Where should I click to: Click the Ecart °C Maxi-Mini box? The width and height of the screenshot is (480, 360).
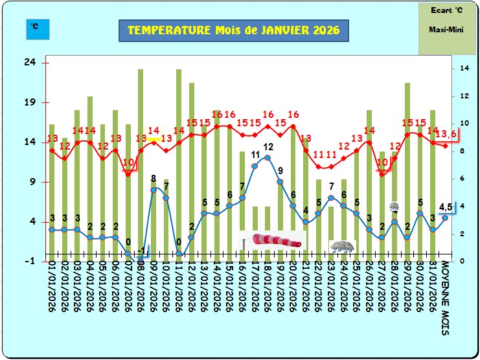[x=446, y=28]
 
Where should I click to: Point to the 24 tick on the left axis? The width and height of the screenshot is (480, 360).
[x=29, y=63]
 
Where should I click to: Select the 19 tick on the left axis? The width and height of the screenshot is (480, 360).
[x=29, y=102]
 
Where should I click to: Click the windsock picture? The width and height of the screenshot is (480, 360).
[x=275, y=241]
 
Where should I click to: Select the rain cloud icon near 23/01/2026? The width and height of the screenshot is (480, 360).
[x=342, y=247]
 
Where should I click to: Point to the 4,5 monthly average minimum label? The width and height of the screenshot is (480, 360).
[x=445, y=207]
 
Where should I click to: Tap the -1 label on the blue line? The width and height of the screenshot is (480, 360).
[x=143, y=249]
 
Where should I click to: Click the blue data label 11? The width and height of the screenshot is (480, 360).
[x=255, y=155]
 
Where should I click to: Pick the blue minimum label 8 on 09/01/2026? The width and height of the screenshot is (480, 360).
[x=154, y=178]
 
